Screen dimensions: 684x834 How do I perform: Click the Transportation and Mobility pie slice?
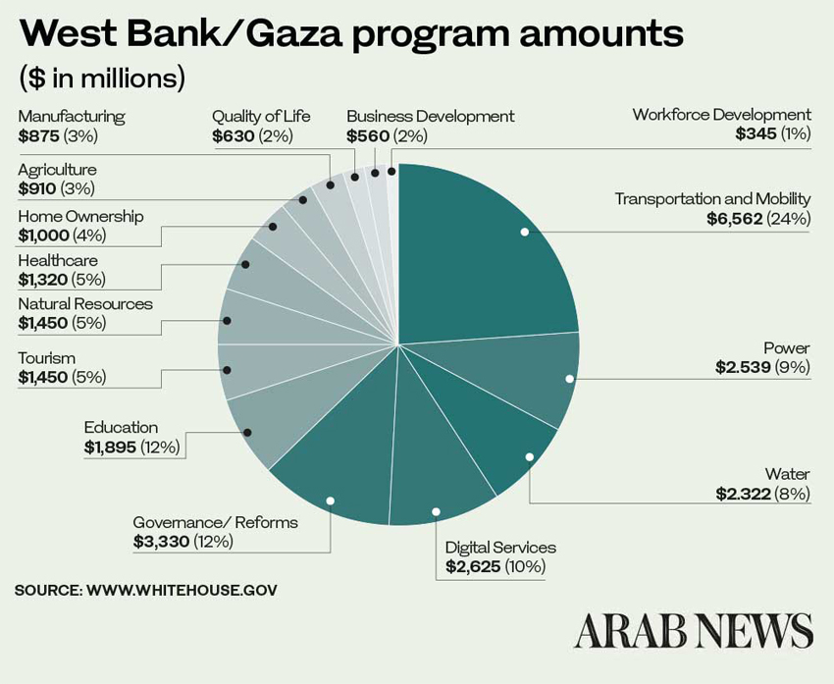491,255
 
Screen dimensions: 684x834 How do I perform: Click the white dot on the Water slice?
529,457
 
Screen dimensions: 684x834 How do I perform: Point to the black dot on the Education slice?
247,433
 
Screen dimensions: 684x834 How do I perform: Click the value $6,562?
734,218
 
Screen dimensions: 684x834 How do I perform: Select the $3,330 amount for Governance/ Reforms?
161,541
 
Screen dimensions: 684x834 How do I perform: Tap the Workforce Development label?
721,115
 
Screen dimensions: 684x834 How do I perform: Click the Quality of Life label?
261,116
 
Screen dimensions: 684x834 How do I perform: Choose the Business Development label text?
430,116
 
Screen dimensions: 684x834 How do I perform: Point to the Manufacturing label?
72,116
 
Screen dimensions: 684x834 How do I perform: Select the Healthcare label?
58,260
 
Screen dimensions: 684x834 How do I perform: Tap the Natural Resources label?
85,304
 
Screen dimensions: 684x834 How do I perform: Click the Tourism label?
46,358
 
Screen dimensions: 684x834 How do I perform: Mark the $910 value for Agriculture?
36,188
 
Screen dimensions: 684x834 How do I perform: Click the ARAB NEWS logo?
694,631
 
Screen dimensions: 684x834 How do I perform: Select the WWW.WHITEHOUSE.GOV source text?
182,590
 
